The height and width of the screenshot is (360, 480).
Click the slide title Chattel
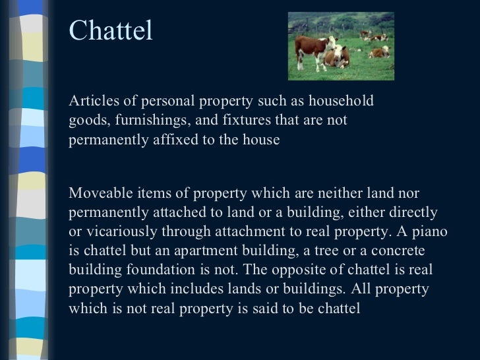(111, 31)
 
